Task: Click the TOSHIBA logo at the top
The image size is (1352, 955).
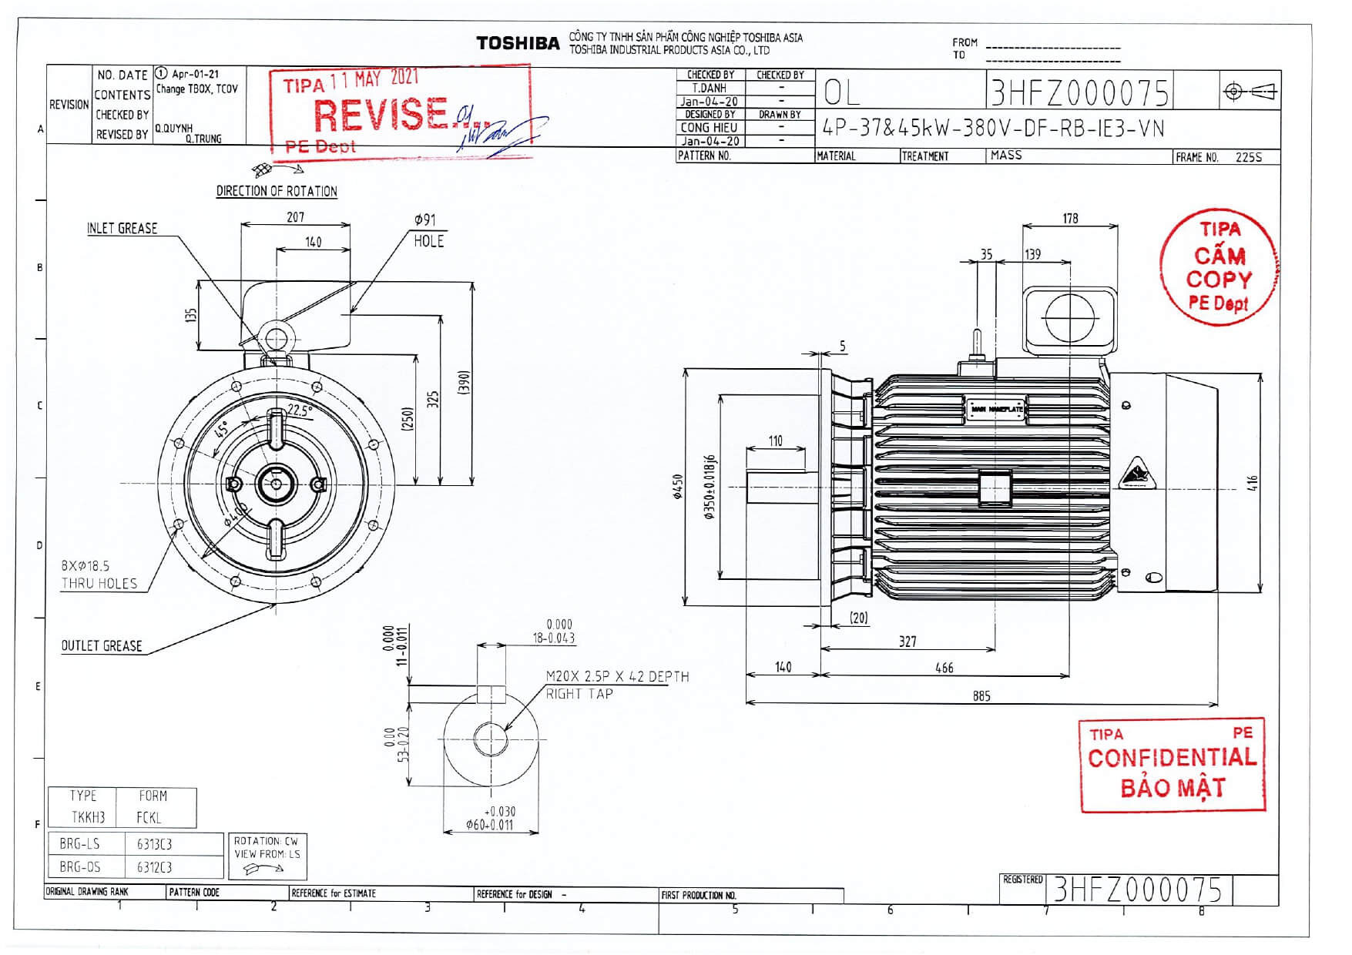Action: tap(518, 44)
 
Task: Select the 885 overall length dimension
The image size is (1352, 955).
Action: tap(981, 696)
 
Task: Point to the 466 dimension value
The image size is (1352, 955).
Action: tap(944, 668)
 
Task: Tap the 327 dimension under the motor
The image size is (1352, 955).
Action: tap(907, 641)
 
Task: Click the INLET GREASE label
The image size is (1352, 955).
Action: tap(122, 229)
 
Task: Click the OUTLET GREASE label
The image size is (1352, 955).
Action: tap(102, 646)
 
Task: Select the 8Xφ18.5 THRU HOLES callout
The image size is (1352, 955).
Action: tap(99, 575)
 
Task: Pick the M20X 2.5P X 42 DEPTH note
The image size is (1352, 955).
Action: tap(617, 677)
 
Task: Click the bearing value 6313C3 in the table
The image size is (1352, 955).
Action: tap(154, 844)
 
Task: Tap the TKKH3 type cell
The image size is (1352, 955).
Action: tap(88, 818)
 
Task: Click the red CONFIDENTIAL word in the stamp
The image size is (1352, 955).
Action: tap(1171, 758)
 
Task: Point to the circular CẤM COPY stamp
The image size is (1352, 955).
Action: tap(1218, 267)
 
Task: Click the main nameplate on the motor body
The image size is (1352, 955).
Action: tap(996, 409)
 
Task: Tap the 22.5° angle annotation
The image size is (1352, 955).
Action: tap(299, 411)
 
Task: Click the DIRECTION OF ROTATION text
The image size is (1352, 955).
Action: tap(277, 191)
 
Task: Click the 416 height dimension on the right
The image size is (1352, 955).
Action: tap(1253, 483)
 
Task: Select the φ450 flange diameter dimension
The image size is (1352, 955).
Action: tap(678, 486)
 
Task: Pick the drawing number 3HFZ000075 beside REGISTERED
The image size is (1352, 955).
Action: tap(1137, 890)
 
